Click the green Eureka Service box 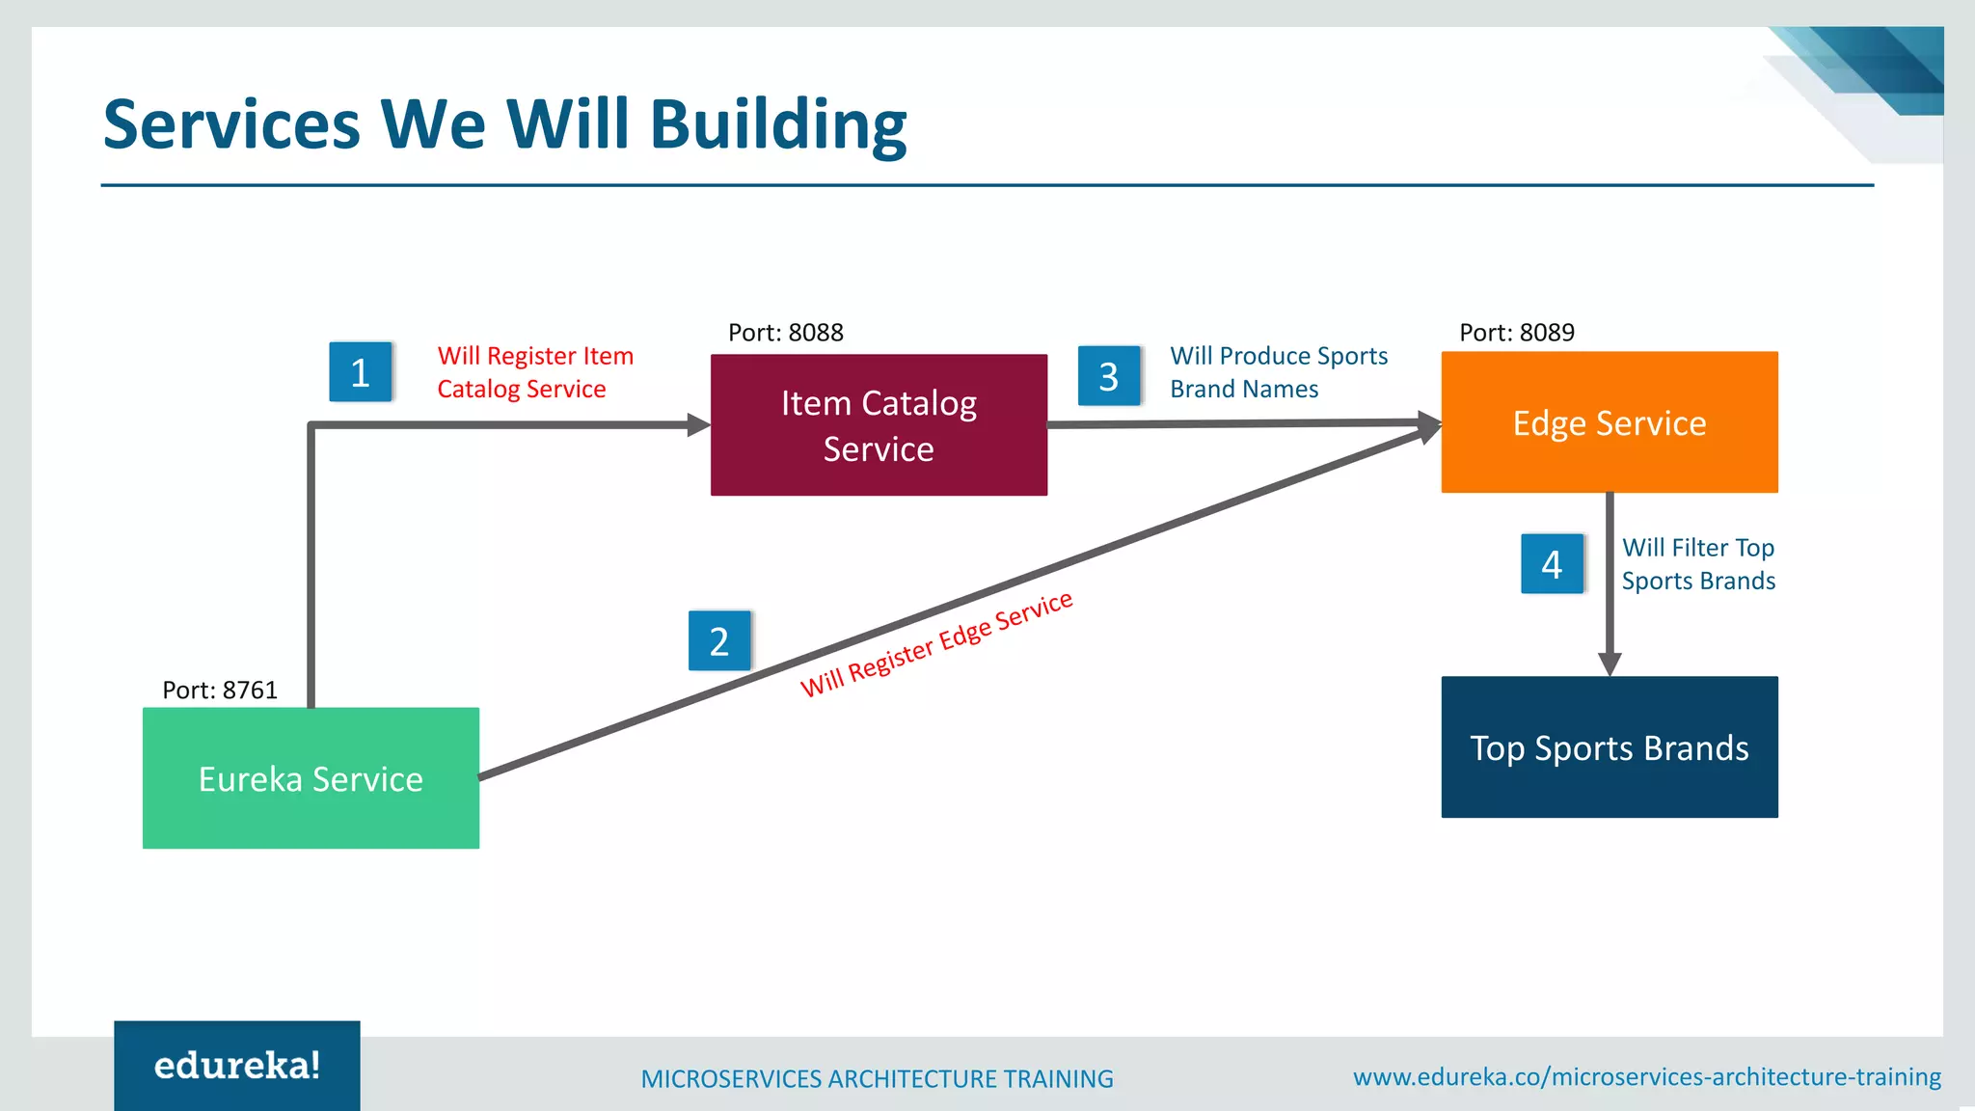click(311, 778)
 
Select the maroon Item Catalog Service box click(879, 425)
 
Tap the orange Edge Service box click(1609, 422)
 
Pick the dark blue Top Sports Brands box click(1609, 747)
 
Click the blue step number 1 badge click(360, 372)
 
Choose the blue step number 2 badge click(719, 641)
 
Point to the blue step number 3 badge click(1109, 376)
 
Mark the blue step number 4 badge click(1552, 564)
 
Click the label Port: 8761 click(220, 691)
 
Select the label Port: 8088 click(785, 333)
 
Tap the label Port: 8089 click(1516, 333)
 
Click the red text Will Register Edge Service click(936, 643)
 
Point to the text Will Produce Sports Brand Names click(1278, 372)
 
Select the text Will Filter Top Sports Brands click(1697, 564)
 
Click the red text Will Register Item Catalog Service click(535, 372)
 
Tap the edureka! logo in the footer click(237, 1066)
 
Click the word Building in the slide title click(778, 125)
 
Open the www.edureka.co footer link click(1646, 1077)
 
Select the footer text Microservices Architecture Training click(877, 1079)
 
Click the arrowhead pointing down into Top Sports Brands click(1609, 664)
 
